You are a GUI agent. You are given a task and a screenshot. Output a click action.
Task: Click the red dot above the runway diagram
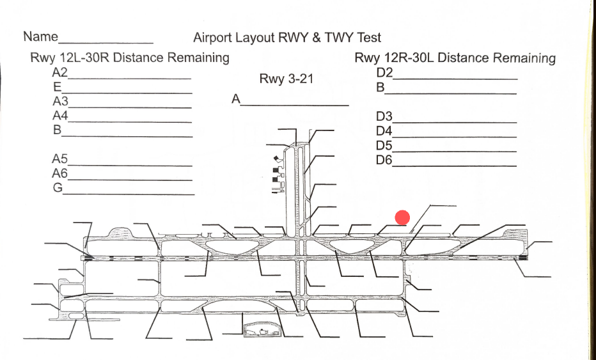coord(402,217)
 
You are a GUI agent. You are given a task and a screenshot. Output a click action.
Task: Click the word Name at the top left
coord(40,36)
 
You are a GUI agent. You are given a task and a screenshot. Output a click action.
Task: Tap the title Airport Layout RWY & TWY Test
coord(287,38)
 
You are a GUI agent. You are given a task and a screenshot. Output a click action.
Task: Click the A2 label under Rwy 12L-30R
coord(59,72)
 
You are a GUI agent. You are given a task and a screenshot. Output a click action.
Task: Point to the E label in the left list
coord(57,87)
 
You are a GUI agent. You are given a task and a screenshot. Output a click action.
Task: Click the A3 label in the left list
coord(59,101)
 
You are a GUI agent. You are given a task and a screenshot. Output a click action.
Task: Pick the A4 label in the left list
coord(59,116)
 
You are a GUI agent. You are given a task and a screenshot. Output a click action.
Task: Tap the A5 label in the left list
coord(59,159)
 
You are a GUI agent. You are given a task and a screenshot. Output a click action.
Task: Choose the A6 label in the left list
coord(59,173)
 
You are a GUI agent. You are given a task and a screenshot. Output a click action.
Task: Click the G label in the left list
coord(57,188)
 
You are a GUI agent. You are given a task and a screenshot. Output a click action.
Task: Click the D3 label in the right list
coord(384,117)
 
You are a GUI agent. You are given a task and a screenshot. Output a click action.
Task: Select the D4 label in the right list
coord(384,131)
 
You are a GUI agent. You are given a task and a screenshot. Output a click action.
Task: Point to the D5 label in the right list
coord(384,145)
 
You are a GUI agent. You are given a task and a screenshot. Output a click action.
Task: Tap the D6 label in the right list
coord(384,160)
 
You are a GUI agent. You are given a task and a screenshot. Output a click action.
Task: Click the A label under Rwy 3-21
coord(236,99)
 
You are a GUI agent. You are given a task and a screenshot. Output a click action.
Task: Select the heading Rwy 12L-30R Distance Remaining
coord(130,58)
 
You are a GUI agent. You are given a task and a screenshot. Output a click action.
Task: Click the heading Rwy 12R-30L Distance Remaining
coord(455,58)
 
